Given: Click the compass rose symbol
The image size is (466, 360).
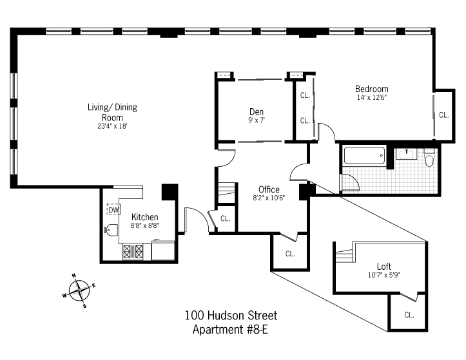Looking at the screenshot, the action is pyautogui.click(x=79, y=290).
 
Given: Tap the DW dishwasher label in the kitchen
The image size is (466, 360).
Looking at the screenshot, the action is pyautogui.click(x=113, y=210).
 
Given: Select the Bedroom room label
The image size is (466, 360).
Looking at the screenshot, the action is pyautogui.click(x=371, y=89).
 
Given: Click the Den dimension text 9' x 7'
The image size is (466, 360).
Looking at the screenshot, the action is pyautogui.click(x=256, y=120).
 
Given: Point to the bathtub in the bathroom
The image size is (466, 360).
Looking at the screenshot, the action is pyautogui.click(x=364, y=156).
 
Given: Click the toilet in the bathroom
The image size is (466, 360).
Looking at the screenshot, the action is pyautogui.click(x=429, y=158).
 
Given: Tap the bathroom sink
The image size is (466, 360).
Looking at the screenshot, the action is pyautogui.click(x=406, y=154).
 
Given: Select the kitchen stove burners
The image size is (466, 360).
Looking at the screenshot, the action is pyautogui.click(x=133, y=252).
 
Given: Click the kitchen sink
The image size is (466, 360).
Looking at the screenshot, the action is pyautogui.click(x=111, y=230).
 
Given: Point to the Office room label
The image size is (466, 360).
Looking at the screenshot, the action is pyautogui.click(x=269, y=189).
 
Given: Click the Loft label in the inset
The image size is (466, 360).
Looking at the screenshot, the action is pyautogui.click(x=384, y=266).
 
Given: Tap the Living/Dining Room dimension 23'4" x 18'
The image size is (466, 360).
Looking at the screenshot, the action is pyautogui.click(x=112, y=126).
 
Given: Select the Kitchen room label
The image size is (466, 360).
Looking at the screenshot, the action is pyautogui.click(x=145, y=217).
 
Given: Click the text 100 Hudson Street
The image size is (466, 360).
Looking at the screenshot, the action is pyautogui.click(x=231, y=316).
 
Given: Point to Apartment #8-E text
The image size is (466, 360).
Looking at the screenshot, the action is pyautogui.click(x=230, y=329).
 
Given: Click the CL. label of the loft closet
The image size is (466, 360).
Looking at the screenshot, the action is pyautogui.click(x=409, y=315).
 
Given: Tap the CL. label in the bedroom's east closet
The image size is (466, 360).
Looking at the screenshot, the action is pyautogui.click(x=443, y=115).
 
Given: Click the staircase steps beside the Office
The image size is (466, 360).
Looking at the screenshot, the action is pyautogui.click(x=227, y=193).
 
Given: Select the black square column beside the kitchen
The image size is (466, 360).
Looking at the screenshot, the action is pyautogui.click(x=170, y=192).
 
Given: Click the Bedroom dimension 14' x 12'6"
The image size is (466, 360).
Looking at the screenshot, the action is pyautogui.click(x=371, y=97).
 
